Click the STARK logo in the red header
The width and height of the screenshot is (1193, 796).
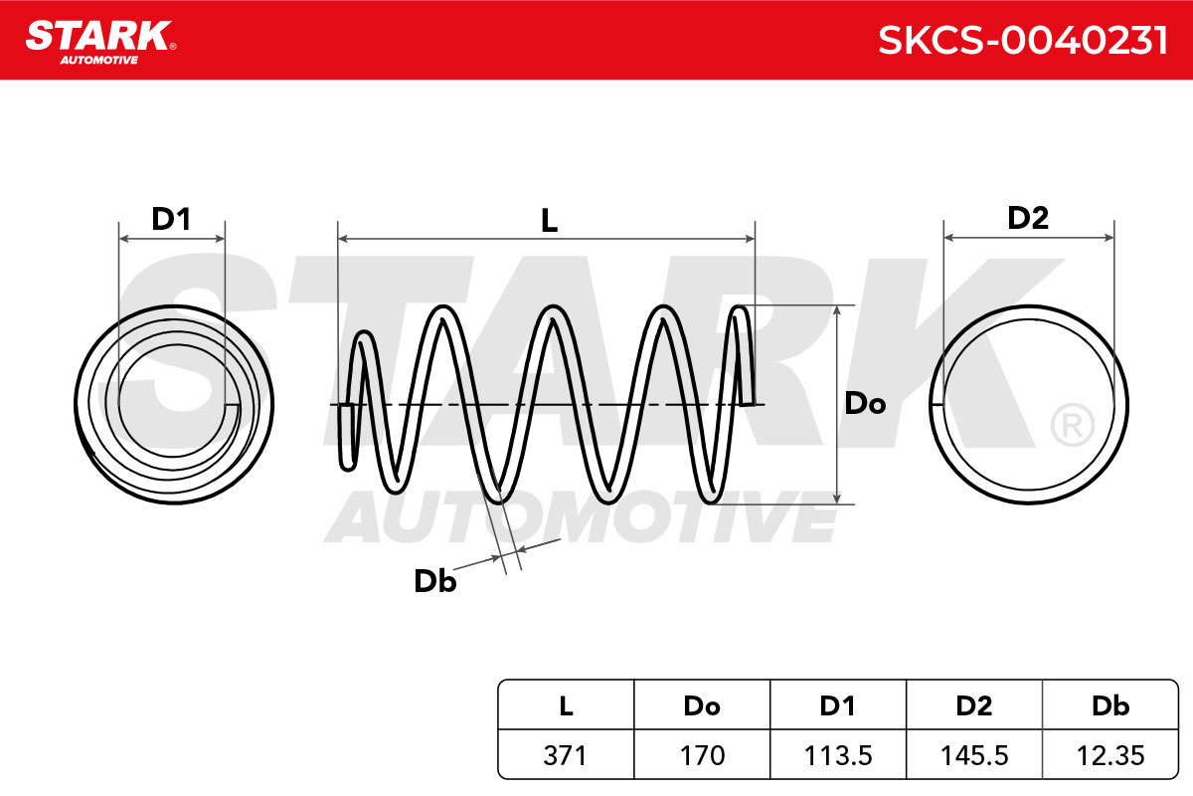click(x=100, y=42)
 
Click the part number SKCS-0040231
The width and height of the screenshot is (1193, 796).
click(x=1023, y=41)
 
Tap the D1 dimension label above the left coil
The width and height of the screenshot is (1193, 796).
click(x=171, y=219)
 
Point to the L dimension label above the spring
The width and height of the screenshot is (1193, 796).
click(x=549, y=220)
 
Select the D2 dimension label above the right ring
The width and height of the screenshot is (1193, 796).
click(x=1028, y=218)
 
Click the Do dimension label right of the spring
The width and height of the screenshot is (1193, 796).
click(x=865, y=403)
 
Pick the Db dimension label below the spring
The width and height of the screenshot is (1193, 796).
click(x=435, y=581)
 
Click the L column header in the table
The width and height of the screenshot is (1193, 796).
click(x=566, y=705)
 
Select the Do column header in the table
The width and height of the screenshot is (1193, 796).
click(x=702, y=705)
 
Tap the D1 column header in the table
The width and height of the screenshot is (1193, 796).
click(x=838, y=705)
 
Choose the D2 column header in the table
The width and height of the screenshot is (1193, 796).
click(x=974, y=705)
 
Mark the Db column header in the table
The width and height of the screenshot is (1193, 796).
click(x=1110, y=705)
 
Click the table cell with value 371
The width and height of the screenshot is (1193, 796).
click(x=566, y=755)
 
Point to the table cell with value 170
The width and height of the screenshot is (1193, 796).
click(x=702, y=755)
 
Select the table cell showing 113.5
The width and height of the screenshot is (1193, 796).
click(x=838, y=755)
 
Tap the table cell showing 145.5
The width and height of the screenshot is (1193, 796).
click(x=974, y=755)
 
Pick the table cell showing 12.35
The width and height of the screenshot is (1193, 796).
click(x=1110, y=755)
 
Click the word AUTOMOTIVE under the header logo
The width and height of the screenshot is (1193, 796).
click(x=99, y=60)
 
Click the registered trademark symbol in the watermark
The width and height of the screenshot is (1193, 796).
click(x=1072, y=425)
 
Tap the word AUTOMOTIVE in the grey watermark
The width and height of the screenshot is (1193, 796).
click(x=582, y=516)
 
